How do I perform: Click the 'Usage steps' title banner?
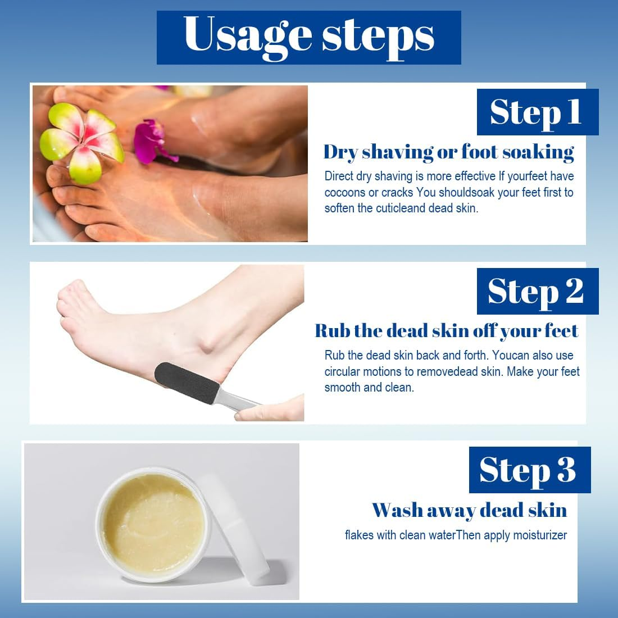coord(308,37)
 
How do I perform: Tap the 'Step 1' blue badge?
coord(537,112)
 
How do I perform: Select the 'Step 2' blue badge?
coord(537,291)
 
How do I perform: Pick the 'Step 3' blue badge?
coord(529,470)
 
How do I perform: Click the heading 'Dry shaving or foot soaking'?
coord(448,152)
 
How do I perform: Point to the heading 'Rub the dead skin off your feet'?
coord(446,331)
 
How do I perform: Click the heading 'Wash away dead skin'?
coord(469,510)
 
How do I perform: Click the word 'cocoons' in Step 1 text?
coord(344,193)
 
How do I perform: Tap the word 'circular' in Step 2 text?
coord(343,372)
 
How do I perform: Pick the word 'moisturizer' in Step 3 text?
coord(540,535)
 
